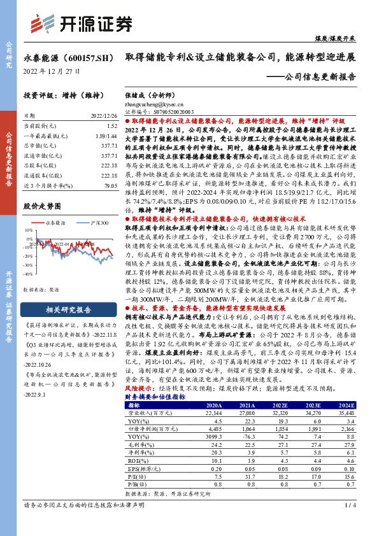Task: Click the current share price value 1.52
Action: point(112,127)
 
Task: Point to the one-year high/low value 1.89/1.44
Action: point(106,136)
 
